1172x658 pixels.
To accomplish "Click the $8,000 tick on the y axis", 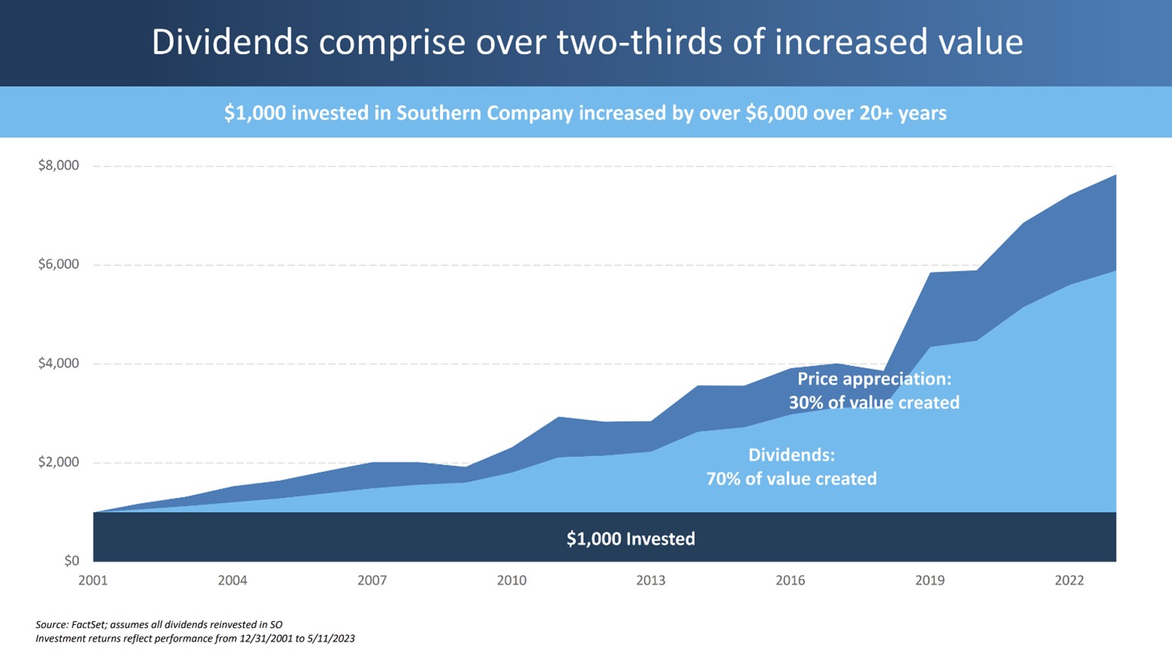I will coord(59,166).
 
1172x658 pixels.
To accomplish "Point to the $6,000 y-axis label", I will coord(59,264).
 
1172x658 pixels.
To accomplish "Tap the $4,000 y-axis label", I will coord(59,364).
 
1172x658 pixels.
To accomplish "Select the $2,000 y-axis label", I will coord(59,462).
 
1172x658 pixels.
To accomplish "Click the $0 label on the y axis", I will coord(71,561).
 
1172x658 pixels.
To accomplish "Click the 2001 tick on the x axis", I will coord(93,580).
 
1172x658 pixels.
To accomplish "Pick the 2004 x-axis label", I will coord(232,580).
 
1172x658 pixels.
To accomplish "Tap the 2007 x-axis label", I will coord(372,580).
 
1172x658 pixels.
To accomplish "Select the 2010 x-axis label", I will coord(512,580).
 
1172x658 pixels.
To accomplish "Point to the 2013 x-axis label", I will coord(651,580).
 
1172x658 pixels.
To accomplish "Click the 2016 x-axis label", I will coord(791,580).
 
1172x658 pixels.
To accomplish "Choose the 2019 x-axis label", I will coord(930,580).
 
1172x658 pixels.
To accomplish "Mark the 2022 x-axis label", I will coord(1069,580).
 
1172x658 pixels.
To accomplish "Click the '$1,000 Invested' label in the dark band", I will coord(630,539).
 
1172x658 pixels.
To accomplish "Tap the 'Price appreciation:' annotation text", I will coord(874,379).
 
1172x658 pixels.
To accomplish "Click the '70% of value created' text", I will coord(791,479).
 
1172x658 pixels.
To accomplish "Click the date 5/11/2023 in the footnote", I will coord(331,638).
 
